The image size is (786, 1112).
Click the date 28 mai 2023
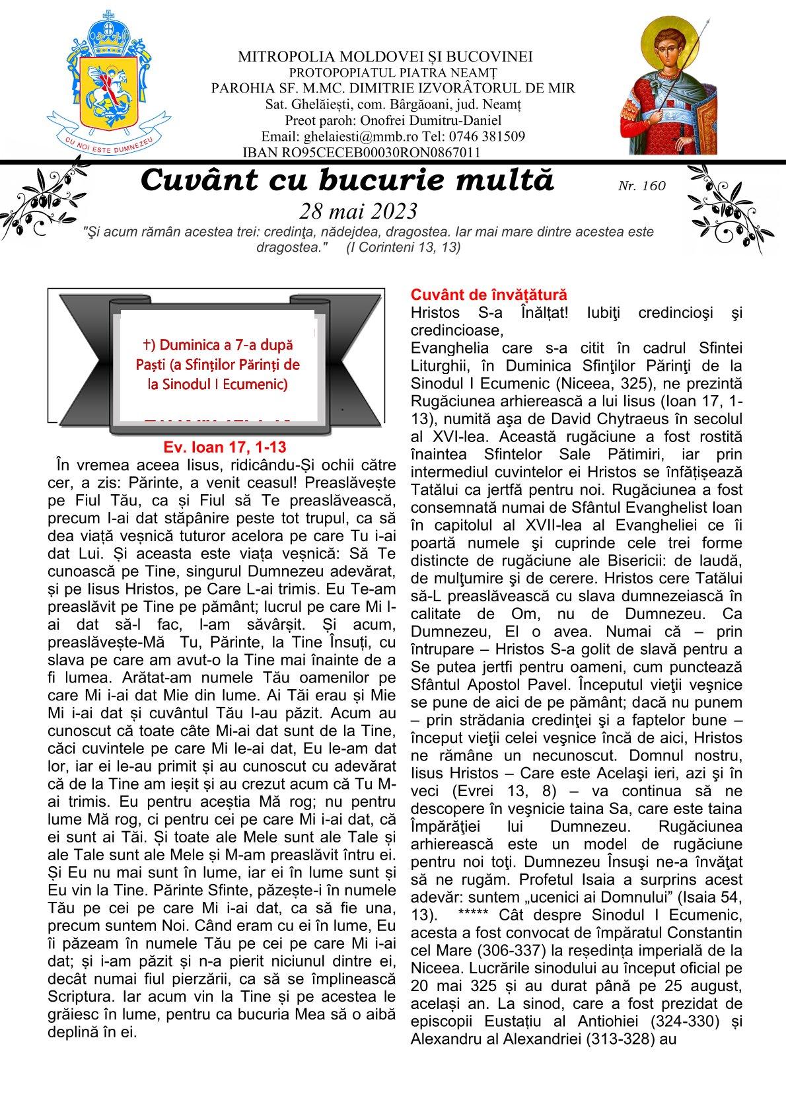(x=358, y=211)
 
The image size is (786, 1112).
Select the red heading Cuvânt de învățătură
(x=488, y=295)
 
